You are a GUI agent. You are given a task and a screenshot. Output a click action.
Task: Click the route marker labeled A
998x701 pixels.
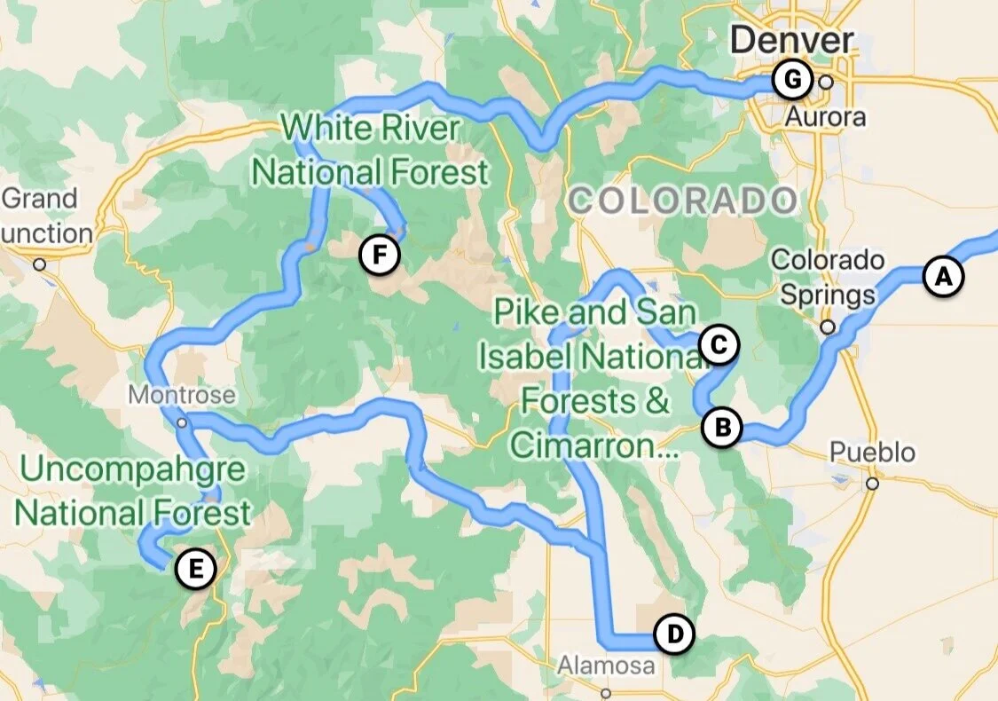pos(942,276)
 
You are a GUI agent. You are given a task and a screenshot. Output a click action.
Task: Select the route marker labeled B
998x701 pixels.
pos(721,428)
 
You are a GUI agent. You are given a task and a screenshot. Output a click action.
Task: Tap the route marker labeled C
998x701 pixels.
pos(718,345)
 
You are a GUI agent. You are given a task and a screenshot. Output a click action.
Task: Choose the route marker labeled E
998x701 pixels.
pos(194,568)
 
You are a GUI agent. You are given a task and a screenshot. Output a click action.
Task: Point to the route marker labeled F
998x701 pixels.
pos(379,256)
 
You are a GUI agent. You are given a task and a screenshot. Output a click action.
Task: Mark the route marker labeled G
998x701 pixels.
pos(790,81)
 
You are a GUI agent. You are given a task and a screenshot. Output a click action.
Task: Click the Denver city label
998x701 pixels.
pos(792,40)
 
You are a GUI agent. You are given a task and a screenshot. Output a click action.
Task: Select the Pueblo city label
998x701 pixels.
pos(872,453)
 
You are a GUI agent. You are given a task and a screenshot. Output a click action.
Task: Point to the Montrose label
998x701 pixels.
pos(182,394)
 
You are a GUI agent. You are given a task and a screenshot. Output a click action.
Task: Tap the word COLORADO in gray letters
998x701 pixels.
pos(682,201)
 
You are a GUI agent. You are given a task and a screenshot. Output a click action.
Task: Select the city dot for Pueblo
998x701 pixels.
pos(873,484)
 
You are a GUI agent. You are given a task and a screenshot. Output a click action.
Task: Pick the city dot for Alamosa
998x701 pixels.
pos(606,693)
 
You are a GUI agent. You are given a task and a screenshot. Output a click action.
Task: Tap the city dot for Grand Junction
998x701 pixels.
pos(39,264)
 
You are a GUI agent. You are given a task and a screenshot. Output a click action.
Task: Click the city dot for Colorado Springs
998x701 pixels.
pos(828,327)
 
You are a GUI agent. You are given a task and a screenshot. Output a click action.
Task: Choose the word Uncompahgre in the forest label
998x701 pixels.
pos(132,469)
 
